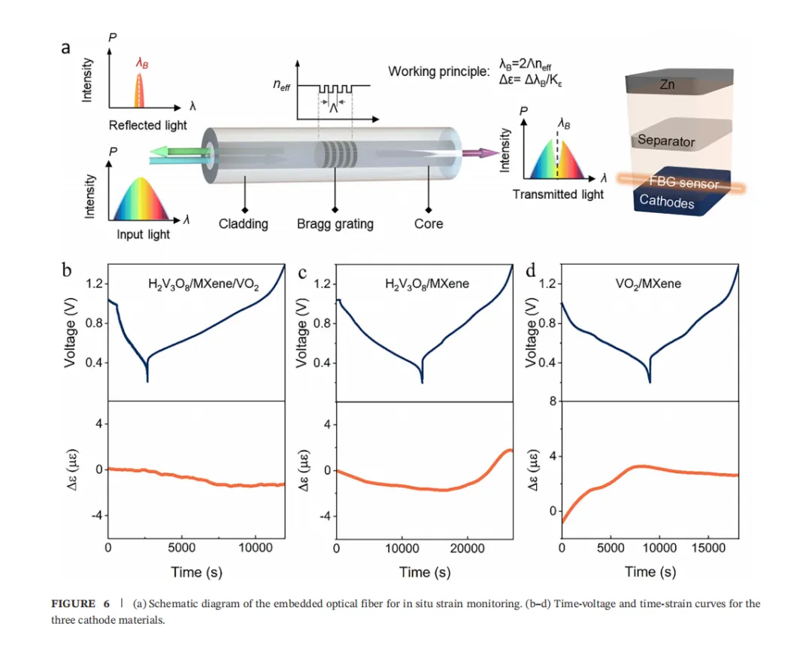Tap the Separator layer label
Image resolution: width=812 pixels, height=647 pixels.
[666, 140]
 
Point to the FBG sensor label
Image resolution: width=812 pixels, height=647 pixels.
[683, 184]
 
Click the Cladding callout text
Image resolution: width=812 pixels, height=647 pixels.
[243, 223]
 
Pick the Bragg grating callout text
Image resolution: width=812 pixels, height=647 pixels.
[335, 223]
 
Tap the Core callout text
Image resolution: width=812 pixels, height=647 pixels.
[429, 223]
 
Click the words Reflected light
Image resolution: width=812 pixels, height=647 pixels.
[148, 125]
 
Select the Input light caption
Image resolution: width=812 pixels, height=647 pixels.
[143, 235]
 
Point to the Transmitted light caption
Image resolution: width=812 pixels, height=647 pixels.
[558, 194]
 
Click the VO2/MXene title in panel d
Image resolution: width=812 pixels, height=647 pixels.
[650, 284]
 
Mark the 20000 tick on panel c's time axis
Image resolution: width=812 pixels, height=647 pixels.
[468, 548]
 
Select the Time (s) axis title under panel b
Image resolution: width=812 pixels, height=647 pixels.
[196, 572]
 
